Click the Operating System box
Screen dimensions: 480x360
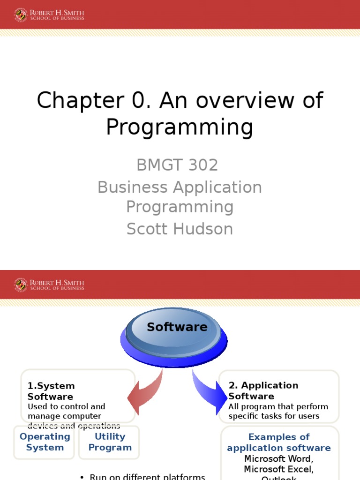(x=45, y=442)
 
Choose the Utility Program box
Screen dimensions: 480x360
(x=110, y=442)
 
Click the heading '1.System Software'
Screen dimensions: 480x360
(x=51, y=391)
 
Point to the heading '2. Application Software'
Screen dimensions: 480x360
(x=263, y=390)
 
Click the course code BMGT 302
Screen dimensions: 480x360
(x=177, y=165)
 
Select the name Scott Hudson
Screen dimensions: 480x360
(x=180, y=229)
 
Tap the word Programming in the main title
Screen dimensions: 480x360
(x=180, y=127)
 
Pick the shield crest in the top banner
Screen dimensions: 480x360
(x=21, y=15)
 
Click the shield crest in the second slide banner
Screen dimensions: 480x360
(x=21, y=285)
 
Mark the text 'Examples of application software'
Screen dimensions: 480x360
(x=279, y=442)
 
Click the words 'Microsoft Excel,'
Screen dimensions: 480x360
(x=279, y=469)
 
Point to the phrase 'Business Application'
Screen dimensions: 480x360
(x=180, y=187)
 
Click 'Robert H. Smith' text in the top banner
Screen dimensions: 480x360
(x=57, y=12)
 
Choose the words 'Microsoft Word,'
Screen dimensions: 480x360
(x=279, y=458)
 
